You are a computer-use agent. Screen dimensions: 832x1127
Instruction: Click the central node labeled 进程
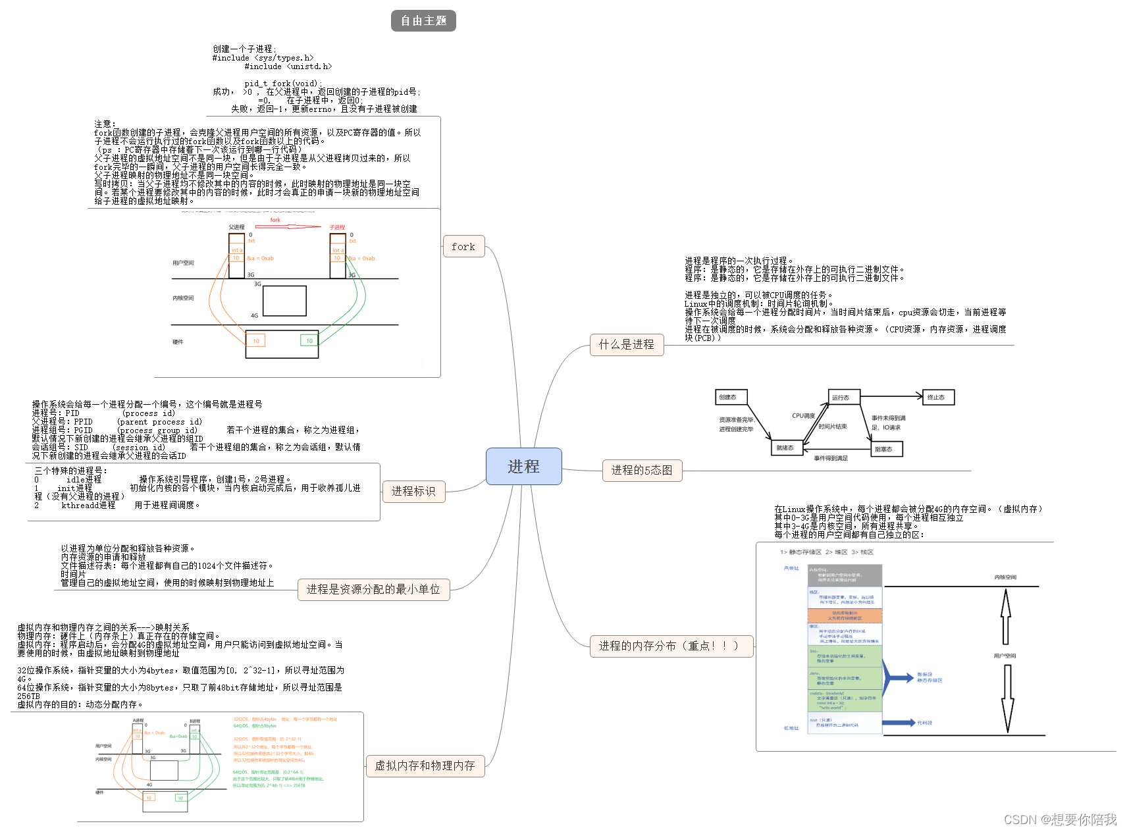tap(523, 466)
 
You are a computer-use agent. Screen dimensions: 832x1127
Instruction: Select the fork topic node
tap(463, 246)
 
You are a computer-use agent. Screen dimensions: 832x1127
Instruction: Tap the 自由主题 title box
tap(423, 20)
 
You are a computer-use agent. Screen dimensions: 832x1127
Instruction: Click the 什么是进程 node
tap(626, 344)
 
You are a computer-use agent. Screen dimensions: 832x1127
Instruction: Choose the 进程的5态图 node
tap(642, 470)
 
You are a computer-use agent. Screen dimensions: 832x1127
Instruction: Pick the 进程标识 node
tap(413, 491)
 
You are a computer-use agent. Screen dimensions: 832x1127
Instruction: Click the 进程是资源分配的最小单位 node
tap(373, 589)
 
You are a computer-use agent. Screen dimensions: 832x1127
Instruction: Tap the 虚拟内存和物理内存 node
tap(425, 766)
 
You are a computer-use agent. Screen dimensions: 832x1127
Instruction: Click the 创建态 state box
tap(730, 397)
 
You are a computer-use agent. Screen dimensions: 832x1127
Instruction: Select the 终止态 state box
tap(938, 397)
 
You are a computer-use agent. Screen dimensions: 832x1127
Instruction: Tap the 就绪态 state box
tap(786, 448)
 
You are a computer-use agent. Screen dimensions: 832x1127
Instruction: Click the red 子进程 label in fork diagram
tap(337, 227)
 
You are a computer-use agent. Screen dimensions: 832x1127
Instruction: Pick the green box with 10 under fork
tap(309, 340)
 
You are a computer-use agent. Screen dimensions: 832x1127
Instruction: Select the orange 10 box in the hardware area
tap(255, 340)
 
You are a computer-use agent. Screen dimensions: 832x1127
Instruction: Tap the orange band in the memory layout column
tap(845, 615)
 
